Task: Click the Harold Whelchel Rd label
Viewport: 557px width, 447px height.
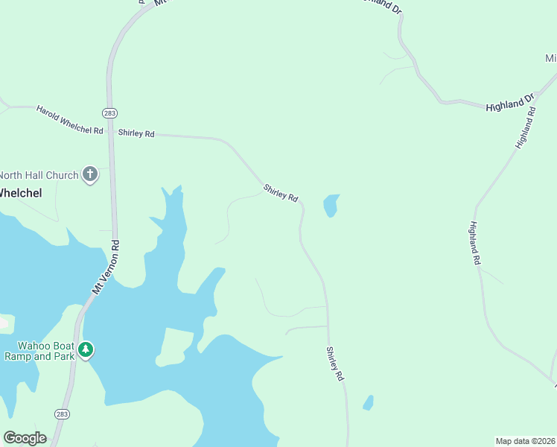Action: pyautogui.click(x=69, y=120)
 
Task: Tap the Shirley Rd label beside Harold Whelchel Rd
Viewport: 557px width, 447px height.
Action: pyautogui.click(x=136, y=133)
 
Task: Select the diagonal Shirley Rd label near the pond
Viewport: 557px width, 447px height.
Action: pyautogui.click(x=281, y=193)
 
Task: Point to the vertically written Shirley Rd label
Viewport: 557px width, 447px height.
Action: pyautogui.click(x=335, y=364)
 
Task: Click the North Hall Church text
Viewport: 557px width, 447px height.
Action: pyautogui.click(x=38, y=175)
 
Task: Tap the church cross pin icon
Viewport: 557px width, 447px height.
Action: pyautogui.click(x=90, y=174)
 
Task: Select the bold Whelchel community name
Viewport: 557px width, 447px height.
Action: pyautogui.click(x=20, y=192)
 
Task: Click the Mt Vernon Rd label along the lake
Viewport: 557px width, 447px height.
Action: pyautogui.click(x=105, y=266)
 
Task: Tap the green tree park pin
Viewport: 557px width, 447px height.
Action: pyautogui.click(x=86, y=349)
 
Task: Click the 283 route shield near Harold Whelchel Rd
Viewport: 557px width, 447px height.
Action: pyautogui.click(x=109, y=112)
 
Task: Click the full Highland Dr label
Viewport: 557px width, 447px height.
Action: pyautogui.click(x=510, y=103)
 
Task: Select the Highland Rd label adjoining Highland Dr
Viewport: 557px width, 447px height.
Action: pyautogui.click(x=526, y=127)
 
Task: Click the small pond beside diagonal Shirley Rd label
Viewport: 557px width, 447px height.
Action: pyautogui.click(x=331, y=205)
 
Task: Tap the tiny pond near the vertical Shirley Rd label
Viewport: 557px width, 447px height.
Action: pyautogui.click(x=368, y=402)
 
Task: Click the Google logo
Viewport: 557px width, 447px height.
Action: pyautogui.click(x=25, y=437)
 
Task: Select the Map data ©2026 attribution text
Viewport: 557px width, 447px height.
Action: pyautogui.click(x=525, y=440)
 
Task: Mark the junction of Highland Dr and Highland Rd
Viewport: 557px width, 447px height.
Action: pyautogui.click(x=535, y=108)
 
